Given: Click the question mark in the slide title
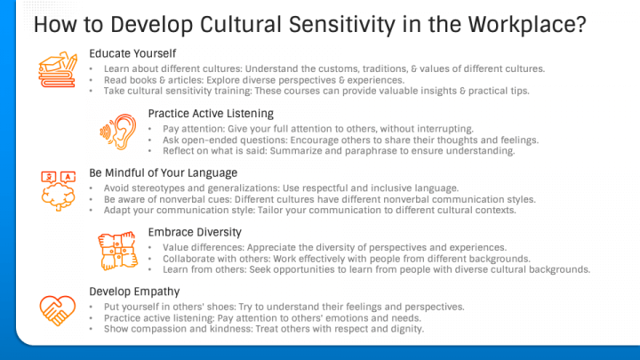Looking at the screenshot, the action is click(580, 25).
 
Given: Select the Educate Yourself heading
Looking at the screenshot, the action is click(132, 53).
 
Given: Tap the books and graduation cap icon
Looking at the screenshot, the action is click(58, 69).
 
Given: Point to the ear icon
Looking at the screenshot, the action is click(118, 132).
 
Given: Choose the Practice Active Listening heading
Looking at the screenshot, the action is click(211, 114).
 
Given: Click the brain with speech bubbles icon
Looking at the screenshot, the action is click(58, 190).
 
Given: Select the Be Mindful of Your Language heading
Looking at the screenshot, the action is click(164, 173).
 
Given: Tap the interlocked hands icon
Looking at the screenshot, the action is click(117, 251).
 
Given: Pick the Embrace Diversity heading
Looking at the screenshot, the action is click(195, 232).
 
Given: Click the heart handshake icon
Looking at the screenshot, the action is click(58, 310).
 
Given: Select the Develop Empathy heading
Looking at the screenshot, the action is click(134, 292).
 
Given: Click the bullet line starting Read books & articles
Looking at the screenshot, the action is click(254, 80).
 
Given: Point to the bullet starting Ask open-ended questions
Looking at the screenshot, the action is click(350, 140).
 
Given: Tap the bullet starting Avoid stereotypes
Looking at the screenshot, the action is click(281, 188).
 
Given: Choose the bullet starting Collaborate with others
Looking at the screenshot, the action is click(347, 259).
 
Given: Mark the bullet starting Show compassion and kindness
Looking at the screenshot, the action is click(264, 329).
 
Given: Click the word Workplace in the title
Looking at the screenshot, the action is click(521, 25).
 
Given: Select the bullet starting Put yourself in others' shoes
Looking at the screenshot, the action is click(284, 307).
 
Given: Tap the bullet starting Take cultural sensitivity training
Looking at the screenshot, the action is click(316, 91).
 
